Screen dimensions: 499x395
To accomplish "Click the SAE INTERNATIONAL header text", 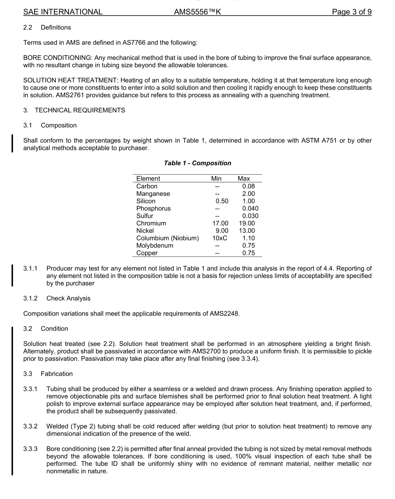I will [63, 12].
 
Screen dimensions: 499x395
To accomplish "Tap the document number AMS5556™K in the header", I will [197, 12].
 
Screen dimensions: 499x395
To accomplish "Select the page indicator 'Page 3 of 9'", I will [351, 12].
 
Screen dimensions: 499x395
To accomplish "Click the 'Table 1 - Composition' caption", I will [197, 163].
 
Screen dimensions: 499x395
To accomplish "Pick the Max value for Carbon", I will [248, 186].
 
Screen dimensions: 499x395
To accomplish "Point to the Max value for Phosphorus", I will [250, 208].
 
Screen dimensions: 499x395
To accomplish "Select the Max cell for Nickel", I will [247, 231].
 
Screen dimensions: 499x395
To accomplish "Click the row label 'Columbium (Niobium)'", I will [168, 238].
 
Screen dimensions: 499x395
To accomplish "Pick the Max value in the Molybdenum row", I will [248, 245].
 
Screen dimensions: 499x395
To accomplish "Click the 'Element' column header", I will [148, 179].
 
